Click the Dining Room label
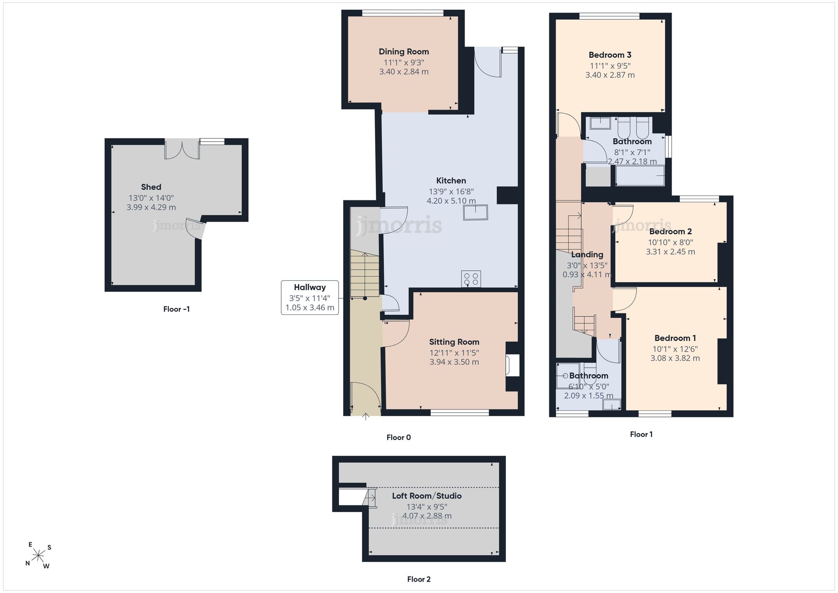tap(403, 52)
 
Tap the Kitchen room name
tap(451, 181)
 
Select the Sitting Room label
tap(454, 342)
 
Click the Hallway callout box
tap(310, 298)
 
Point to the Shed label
tap(151, 187)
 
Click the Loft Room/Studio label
tap(427, 496)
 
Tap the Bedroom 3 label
tap(610, 55)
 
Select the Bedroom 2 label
tap(670, 231)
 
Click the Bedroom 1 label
tap(675, 338)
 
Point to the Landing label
tap(587, 254)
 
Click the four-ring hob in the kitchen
tap(471, 279)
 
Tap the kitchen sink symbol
tap(476, 212)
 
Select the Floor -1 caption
tap(176, 309)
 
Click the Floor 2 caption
tap(419, 579)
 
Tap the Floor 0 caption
tap(398, 438)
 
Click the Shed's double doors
tap(182, 149)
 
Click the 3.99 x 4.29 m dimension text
tap(151, 207)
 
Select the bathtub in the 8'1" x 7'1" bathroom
tap(640, 176)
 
